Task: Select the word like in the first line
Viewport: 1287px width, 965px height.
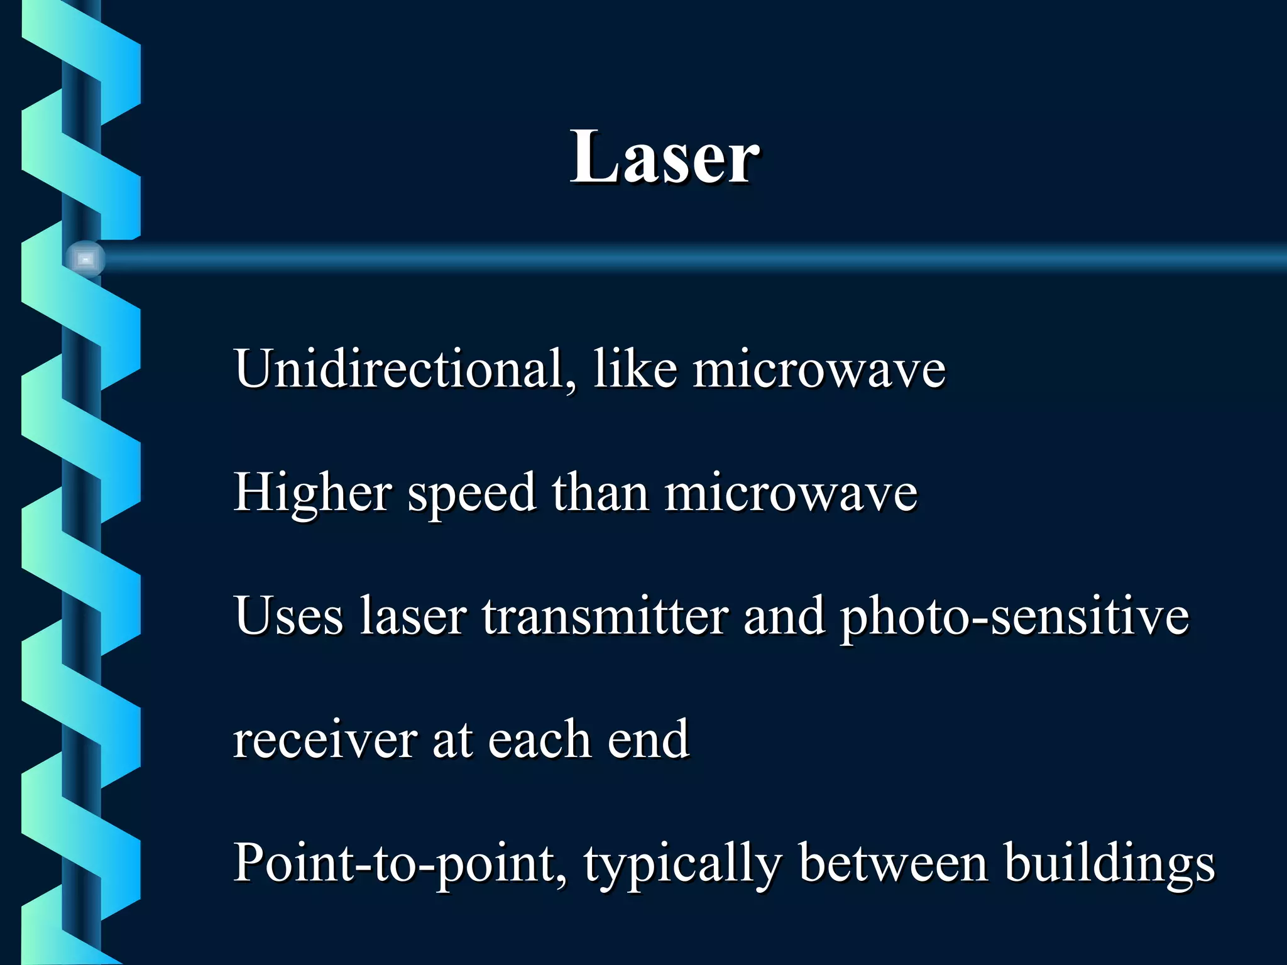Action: tap(635, 369)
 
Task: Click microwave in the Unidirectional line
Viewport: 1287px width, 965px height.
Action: tap(819, 369)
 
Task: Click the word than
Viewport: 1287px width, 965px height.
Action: tap(600, 492)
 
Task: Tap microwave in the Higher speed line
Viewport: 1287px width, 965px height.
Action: tap(791, 492)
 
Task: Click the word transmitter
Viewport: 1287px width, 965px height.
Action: tap(605, 616)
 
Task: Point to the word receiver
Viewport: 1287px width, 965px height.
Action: tap(325, 739)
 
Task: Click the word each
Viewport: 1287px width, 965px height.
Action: tap(539, 739)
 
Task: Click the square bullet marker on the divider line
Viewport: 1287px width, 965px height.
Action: tap(85, 259)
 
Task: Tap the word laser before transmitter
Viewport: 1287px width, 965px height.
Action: tap(413, 616)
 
